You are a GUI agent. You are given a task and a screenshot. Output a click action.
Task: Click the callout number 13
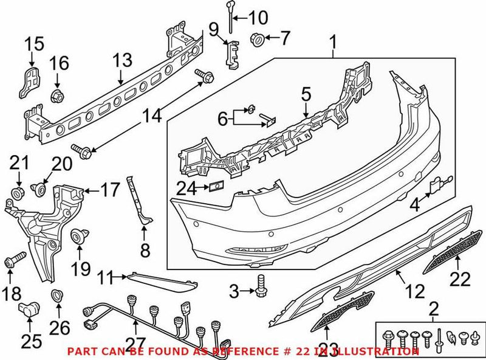[122, 60]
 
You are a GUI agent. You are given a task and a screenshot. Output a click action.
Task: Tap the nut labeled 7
[257, 40]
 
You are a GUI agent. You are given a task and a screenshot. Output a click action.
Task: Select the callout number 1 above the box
[332, 43]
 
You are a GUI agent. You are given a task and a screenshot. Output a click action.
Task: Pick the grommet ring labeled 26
[56, 297]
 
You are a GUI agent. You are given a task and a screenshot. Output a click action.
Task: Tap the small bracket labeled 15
[29, 80]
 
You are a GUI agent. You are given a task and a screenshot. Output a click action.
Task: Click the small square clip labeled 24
[215, 187]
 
